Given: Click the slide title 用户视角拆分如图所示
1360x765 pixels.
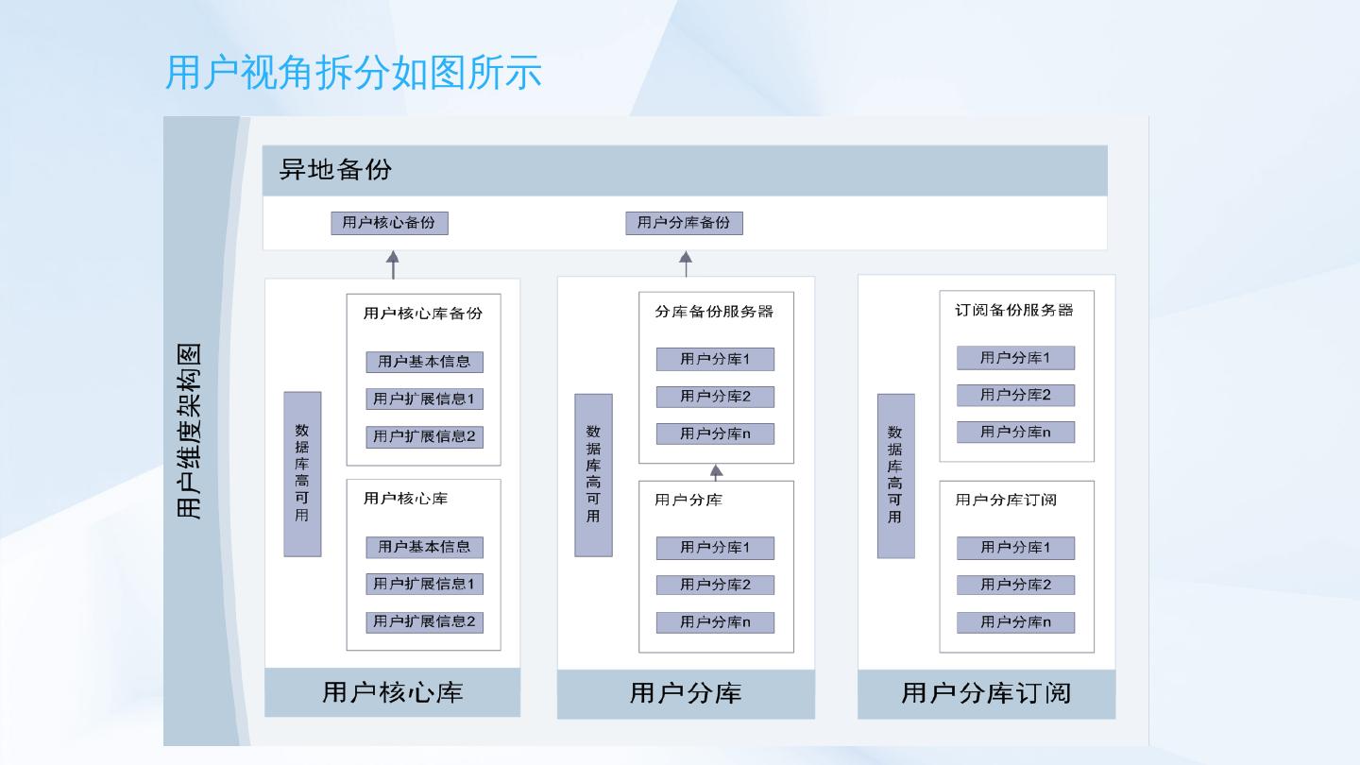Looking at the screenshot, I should point(353,73).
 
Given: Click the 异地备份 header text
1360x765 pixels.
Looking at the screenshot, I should point(335,170).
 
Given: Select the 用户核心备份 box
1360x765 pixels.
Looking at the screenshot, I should point(389,223).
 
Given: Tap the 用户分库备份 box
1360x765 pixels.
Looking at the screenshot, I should point(684,223).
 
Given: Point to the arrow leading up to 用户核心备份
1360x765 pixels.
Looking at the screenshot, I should point(393,264).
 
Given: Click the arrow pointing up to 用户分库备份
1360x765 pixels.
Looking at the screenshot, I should point(686,263).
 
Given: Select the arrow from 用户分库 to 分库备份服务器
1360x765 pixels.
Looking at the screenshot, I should point(716,472).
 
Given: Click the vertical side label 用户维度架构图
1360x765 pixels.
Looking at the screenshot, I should point(190,430).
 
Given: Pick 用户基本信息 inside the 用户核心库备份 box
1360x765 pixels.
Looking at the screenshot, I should point(424,361).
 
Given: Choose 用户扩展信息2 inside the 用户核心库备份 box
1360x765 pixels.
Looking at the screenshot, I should point(424,436).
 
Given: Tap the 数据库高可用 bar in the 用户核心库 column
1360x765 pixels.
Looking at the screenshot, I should point(302,474).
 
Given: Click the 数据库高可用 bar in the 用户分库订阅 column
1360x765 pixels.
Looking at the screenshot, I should point(895,475).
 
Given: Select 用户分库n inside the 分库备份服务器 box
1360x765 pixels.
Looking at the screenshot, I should point(715,434).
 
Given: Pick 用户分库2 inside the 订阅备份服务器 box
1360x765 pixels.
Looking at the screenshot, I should point(1015,395).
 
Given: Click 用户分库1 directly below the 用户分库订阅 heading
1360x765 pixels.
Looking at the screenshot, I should point(1015,548).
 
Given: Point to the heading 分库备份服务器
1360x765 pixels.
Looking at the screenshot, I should point(714,311).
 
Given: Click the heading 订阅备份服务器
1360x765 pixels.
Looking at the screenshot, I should point(1014,310).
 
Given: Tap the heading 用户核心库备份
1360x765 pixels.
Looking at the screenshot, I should point(422,313).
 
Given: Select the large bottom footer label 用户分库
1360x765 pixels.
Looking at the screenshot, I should point(686,693).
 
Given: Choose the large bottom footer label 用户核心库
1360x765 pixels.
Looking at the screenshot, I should point(393,691).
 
